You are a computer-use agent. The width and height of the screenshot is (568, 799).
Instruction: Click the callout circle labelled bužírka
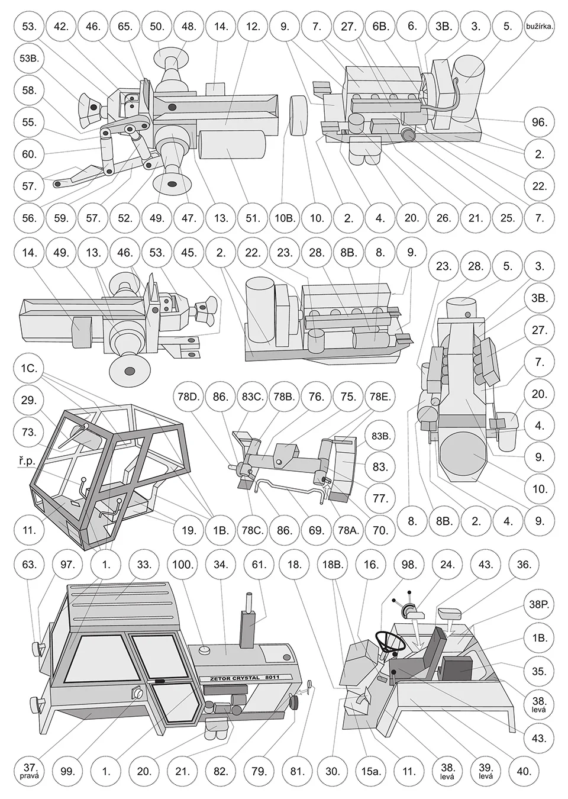click(x=540, y=27)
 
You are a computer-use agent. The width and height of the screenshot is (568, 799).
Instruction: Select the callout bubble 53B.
click(x=28, y=59)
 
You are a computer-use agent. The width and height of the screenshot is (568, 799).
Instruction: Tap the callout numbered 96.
click(x=540, y=123)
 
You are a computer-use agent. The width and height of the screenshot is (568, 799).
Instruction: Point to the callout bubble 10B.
click(x=285, y=218)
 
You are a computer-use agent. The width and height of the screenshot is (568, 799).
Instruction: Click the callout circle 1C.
click(x=28, y=368)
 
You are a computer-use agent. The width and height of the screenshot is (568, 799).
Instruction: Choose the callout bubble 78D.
click(x=189, y=396)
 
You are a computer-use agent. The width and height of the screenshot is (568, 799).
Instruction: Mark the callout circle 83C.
click(x=253, y=396)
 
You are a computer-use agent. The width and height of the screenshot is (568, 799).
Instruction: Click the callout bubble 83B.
click(x=380, y=435)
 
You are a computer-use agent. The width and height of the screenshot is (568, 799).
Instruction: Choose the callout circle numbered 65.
click(x=124, y=27)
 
